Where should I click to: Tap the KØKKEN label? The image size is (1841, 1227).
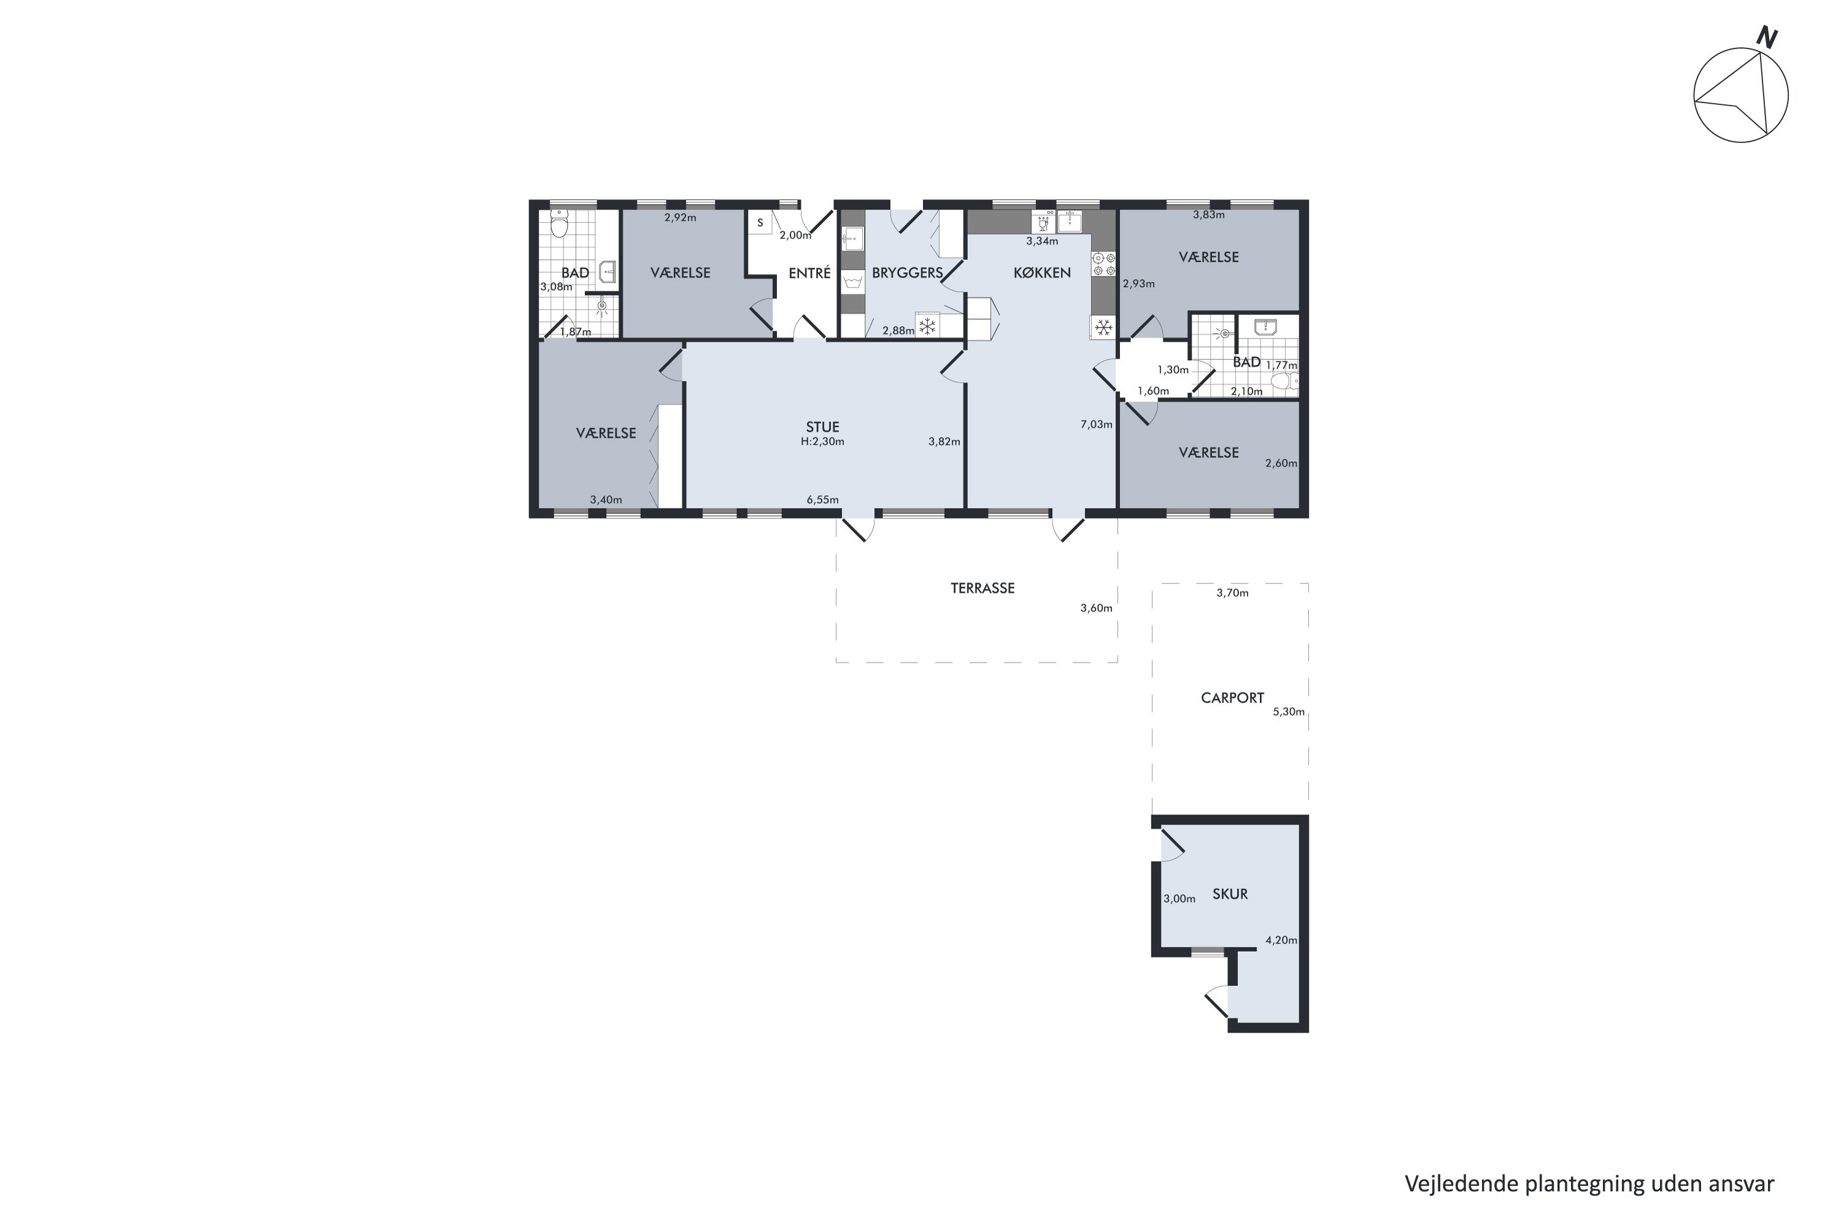coord(1042,273)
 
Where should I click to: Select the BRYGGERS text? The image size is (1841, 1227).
coord(907,273)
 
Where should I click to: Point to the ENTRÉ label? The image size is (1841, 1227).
coord(809,272)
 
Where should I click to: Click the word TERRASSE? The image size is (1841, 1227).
coord(982,588)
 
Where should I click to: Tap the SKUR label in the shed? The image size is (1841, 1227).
coord(1230,894)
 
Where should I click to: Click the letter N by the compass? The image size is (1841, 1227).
coord(1767,37)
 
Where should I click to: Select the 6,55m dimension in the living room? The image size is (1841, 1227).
coord(823,499)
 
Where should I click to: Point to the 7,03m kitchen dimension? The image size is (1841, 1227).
coord(1096,424)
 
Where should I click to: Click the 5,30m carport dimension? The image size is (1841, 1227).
coord(1288,711)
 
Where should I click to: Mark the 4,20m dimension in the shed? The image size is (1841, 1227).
coord(1281,940)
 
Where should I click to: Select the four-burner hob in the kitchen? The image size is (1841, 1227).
coord(1103,264)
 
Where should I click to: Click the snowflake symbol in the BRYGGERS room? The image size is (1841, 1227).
coord(927,326)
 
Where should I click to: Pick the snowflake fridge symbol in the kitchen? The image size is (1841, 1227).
coord(1103,327)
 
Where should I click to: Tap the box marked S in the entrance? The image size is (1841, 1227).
coord(759,223)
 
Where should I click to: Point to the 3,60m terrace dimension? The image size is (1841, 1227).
coord(1096,608)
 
